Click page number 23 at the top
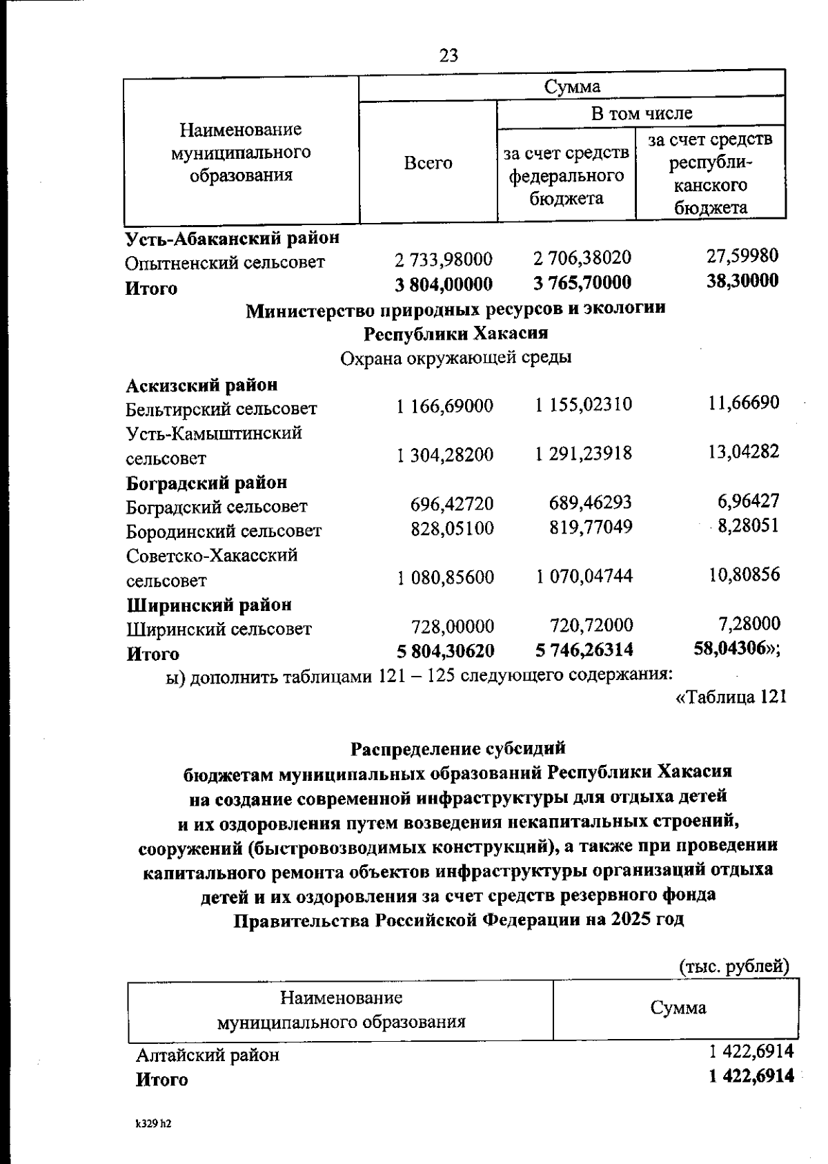point(448,55)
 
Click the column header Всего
point(428,164)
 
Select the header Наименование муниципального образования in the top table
point(241,152)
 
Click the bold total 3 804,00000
point(444,284)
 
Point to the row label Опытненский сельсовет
point(225,263)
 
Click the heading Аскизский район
point(201,385)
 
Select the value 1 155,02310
point(583,405)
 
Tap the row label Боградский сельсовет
point(216,507)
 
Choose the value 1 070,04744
point(584,576)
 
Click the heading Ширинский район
point(210,605)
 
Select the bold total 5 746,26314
point(584,650)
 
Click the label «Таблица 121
point(731,697)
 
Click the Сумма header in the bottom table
point(678,1008)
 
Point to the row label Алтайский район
point(208,1055)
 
